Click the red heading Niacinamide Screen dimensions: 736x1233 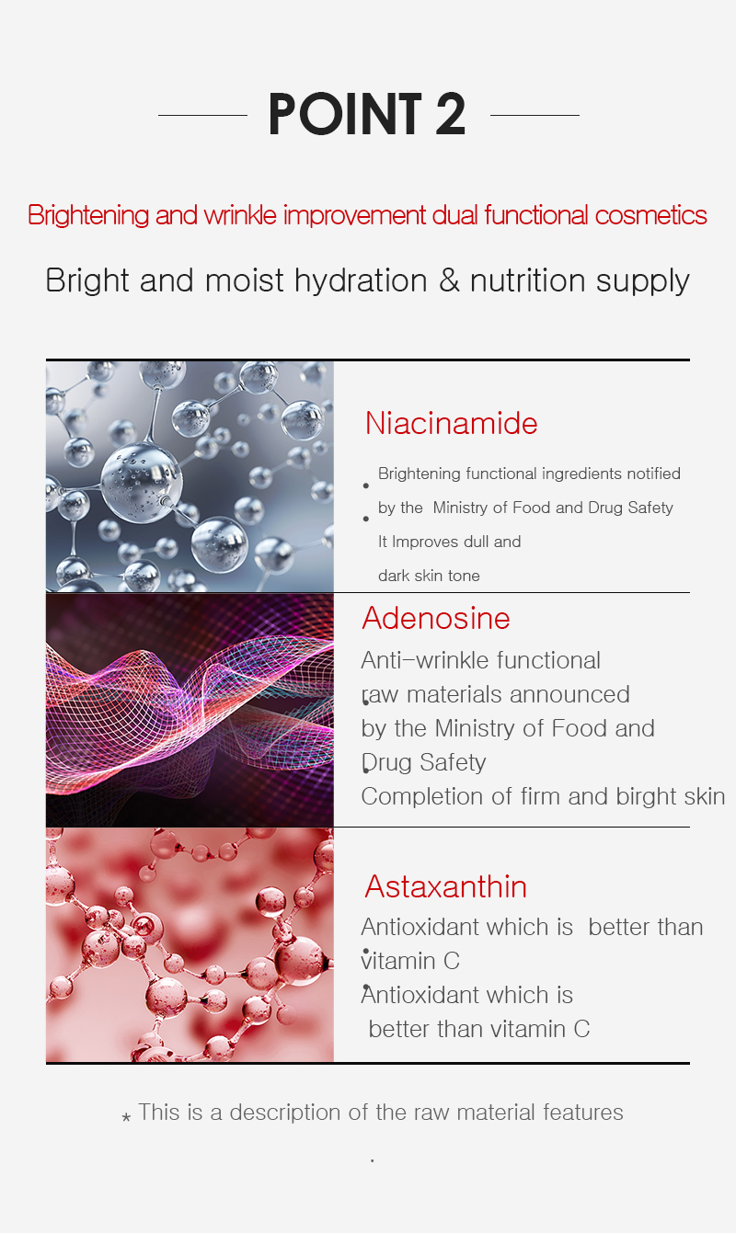[x=451, y=423]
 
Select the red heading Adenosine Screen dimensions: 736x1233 [x=436, y=618]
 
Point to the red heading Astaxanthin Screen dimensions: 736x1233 [x=445, y=886]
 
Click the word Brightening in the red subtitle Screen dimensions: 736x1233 [x=88, y=215]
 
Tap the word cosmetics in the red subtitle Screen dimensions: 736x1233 [x=650, y=214]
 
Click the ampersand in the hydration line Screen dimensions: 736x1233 [x=450, y=280]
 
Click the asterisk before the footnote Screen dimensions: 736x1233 [x=126, y=1117]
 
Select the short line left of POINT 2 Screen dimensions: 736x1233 [x=202, y=115]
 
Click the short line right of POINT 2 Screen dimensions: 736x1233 [x=535, y=115]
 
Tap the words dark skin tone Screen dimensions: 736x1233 [x=429, y=576]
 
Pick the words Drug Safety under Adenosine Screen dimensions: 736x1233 [x=423, y=763]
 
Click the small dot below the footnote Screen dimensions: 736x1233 [x=373, y=1160]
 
